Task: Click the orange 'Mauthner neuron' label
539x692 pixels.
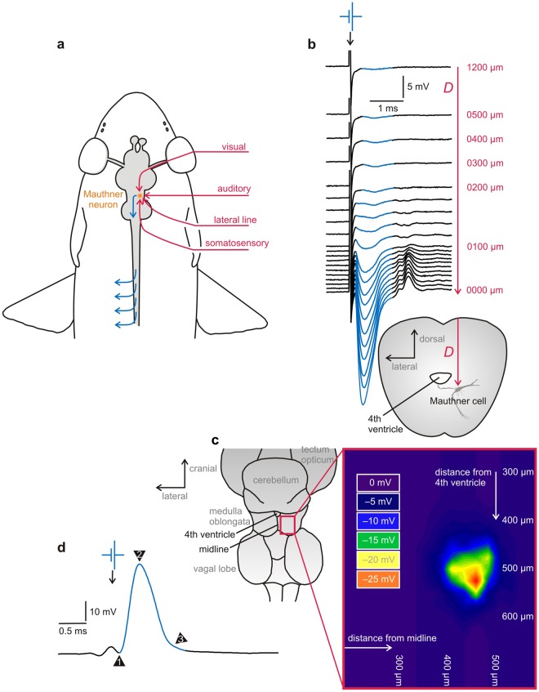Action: click(107, 199)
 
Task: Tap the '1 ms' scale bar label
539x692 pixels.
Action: click(388, 108)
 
